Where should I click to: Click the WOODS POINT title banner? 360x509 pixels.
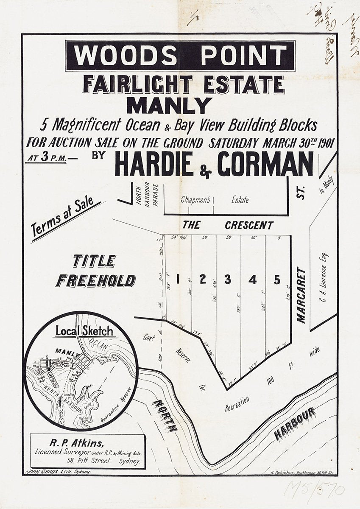[x=180, y=56]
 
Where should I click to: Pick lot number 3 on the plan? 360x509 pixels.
[x=228, y=280]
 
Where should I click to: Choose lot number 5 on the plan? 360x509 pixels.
[x=277, y=280]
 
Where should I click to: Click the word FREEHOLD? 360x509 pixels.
[x=96, y=281]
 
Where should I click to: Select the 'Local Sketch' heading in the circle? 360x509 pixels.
[x=84, y=331]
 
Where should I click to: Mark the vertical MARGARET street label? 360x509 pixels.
[x=301, y=295]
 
